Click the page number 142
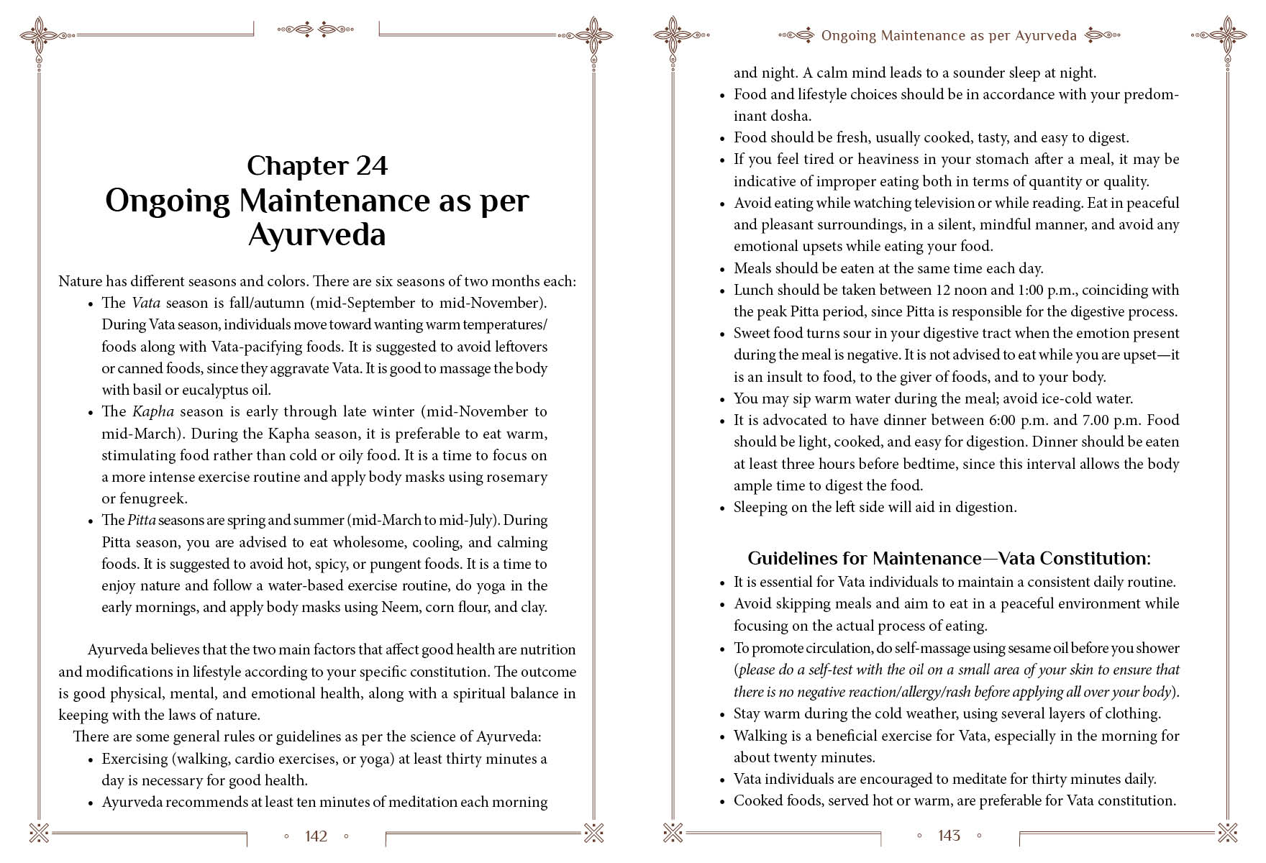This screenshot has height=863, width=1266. (316, 836)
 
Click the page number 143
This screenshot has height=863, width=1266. (949, 835)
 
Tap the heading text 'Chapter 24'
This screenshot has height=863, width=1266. (317, 166)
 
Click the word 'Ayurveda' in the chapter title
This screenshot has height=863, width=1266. (317, 234)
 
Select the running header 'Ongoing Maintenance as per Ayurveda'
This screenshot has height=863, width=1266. (949, 35)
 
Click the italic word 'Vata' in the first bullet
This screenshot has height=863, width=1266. (146, 303)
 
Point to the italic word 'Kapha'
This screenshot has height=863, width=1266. (153, 411)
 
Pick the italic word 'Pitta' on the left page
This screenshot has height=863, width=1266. (141, 520)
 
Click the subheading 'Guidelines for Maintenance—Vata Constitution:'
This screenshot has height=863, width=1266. (949, 559)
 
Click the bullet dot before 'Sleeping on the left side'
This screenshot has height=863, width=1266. (722, 508)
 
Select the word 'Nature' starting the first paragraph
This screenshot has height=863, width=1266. (80, 281)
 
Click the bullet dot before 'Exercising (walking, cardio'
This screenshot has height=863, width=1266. (91, 760)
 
